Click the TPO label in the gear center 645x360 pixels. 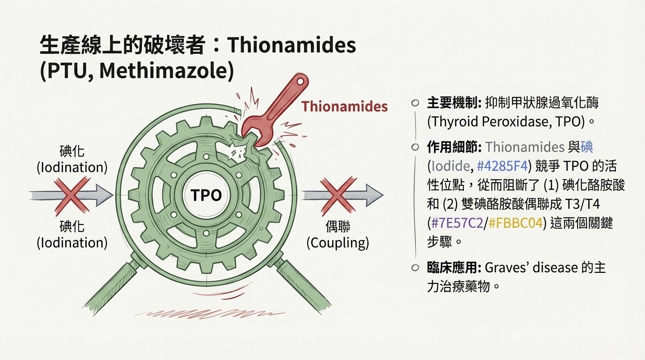point(206,195)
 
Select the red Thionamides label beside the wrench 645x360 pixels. point(345,106)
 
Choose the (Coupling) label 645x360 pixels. point(337,243)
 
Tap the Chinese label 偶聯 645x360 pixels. point(337,227)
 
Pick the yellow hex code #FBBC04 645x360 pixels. point(515,223)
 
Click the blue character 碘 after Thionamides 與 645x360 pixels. point(587,147)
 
